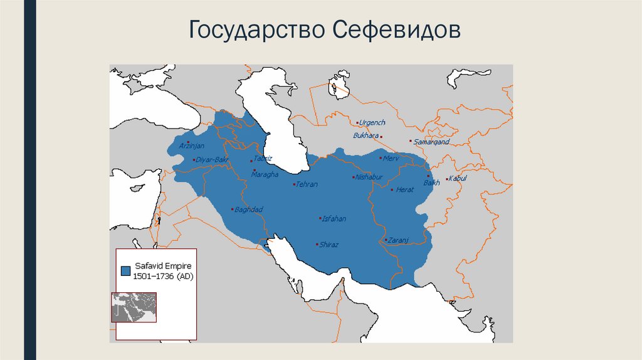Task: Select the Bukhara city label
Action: coord(366,135)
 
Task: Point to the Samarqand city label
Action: coord(432,142)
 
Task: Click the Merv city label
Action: coord(391,158)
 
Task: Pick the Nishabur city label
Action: coord(369,177)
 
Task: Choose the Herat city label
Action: coord(405,189)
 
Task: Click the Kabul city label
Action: coord(458,179)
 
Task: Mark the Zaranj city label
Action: coord(398,240)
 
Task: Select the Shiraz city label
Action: coord(329,245)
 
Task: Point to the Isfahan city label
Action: coord(334,219)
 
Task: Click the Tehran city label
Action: coord(307,184)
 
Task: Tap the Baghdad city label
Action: coord(248,209)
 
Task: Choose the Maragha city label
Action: coord(265,174)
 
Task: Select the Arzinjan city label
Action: coord(192,146)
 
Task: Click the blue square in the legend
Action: coord(125,271)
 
